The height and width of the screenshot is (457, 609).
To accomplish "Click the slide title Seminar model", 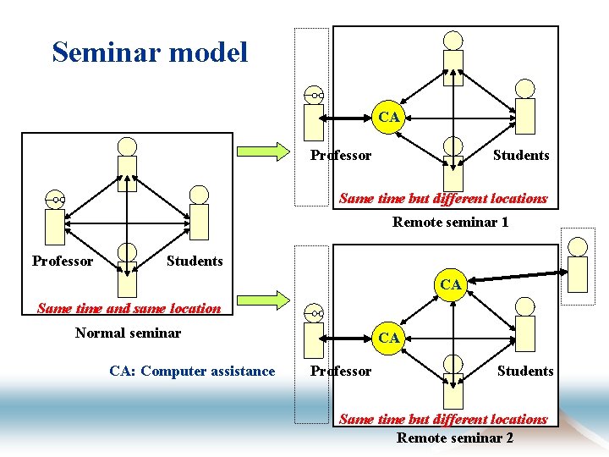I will [150, 52].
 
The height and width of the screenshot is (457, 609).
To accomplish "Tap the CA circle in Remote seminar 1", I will [389, 117].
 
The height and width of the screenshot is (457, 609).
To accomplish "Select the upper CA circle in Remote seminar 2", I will [451, 284].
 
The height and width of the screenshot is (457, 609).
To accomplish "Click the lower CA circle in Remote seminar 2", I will [389, 337].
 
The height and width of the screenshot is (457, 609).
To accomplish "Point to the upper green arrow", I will [262, 152].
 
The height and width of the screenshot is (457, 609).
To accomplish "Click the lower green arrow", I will [262, 298].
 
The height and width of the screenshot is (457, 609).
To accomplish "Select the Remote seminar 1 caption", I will [450, 222].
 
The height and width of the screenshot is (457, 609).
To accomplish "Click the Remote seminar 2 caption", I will [454, 438].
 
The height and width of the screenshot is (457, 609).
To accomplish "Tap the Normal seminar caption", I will [128, 333].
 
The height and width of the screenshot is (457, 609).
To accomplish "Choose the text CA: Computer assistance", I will [192, 371].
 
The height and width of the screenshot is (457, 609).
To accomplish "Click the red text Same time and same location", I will [129, 309].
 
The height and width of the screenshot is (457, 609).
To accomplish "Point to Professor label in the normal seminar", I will [63, 261].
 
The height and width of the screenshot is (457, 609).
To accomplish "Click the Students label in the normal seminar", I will [195, 261].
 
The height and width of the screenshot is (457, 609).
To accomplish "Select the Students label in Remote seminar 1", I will [521, 155].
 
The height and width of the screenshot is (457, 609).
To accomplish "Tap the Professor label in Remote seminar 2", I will [340, 371].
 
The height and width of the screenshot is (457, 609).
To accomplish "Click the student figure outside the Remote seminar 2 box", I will [579, 264].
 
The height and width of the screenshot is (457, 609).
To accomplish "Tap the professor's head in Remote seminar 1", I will [314, 96].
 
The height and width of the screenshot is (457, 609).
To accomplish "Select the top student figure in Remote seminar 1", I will [454, 55].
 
